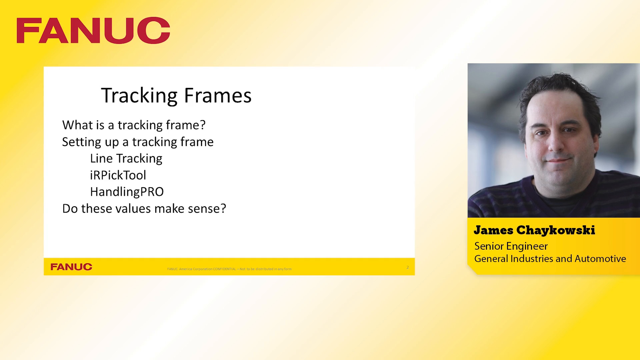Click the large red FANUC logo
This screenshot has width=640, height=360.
point(93,30)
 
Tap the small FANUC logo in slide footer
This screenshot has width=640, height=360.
point(71,267)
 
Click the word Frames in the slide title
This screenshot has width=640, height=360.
point(218,96)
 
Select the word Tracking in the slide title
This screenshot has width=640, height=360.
point(139,96)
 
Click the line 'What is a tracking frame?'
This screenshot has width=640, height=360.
point(134,125)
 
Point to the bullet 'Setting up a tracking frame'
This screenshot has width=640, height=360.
point(138,142)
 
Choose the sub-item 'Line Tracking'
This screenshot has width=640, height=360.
point(126,158)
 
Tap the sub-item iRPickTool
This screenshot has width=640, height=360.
point(118,175)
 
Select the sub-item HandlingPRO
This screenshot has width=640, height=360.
point(127,192)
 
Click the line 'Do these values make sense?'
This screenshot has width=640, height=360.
point(144,209)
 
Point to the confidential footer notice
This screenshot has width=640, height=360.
point(229,269)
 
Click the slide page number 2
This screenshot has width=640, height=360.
point(407,267)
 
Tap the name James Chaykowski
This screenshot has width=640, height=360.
point(534,230)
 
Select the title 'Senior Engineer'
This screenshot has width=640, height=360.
point(511,246)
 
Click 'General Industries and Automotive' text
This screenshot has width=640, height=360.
point(550,259)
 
